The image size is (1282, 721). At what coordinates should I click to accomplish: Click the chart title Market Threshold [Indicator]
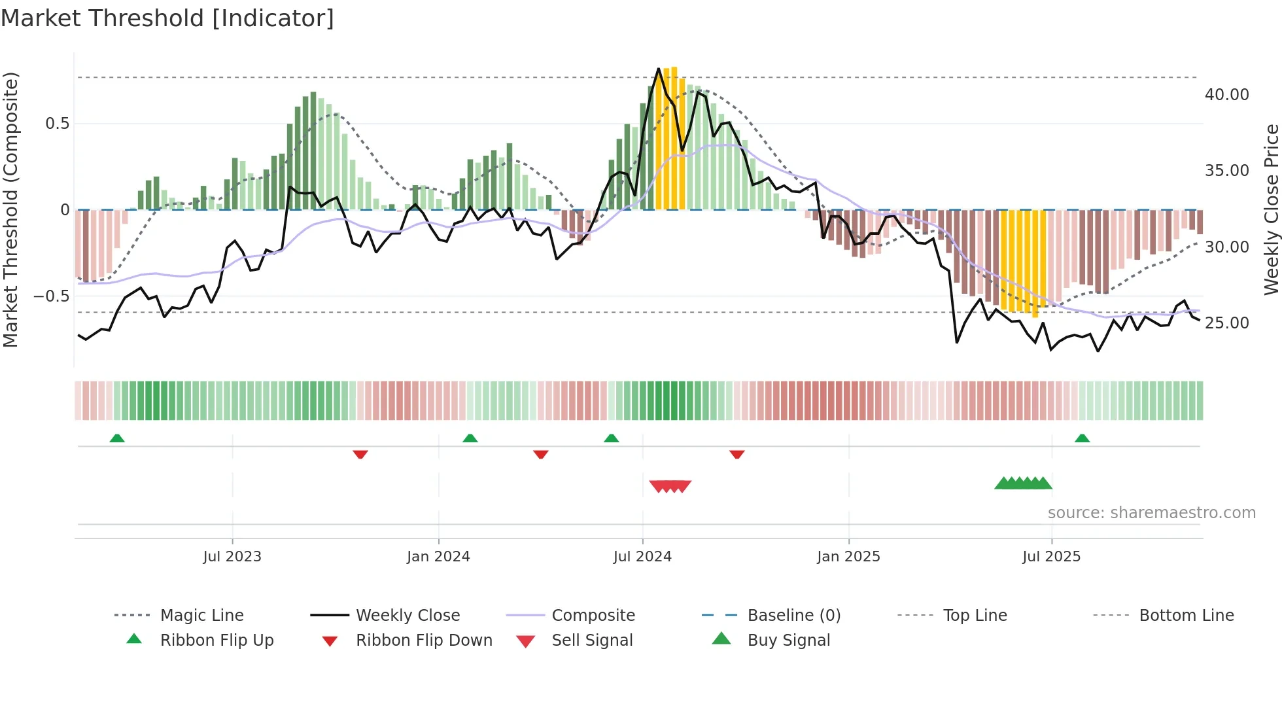[x=167, y=18]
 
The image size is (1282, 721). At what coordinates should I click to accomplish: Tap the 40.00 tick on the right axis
[x=1226, y=95]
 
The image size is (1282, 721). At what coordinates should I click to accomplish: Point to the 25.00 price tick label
[x=1226, y=323]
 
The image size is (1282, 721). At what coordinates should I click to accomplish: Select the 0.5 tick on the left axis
[x=58, y=124]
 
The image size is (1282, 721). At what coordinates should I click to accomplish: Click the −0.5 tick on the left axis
[x=52, y=296]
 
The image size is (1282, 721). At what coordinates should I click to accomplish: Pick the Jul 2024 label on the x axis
[x=642, y=557]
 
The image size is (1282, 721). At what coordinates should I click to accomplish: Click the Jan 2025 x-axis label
[x=848, y=557]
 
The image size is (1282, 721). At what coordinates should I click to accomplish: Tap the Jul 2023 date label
[x=232, y=557]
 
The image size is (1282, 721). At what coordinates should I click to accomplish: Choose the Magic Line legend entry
[x=201, y=616]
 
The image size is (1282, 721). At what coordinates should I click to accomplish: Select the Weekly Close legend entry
[x=407, y=616]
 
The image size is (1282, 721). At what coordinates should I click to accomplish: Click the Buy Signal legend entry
[x=788, y=641]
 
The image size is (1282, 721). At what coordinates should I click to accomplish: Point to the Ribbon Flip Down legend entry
[x=423, y=641]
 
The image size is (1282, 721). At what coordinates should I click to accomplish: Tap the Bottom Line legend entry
[x=1186, y=616]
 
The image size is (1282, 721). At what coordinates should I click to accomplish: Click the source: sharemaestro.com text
[x=1151, y=513]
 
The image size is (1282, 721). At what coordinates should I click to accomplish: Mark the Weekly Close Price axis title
[x=1271, y=209]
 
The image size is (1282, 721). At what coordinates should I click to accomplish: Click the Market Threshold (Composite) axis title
[x=10, y=209]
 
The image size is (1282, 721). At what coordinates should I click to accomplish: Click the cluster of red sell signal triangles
[x=670, y=486]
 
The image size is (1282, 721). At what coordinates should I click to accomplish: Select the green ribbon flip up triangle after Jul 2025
[x=1082, y=438]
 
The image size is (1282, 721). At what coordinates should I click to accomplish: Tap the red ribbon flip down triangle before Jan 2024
[x=360, y=454]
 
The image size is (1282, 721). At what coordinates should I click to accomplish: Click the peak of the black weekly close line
[x=659, y=69]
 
